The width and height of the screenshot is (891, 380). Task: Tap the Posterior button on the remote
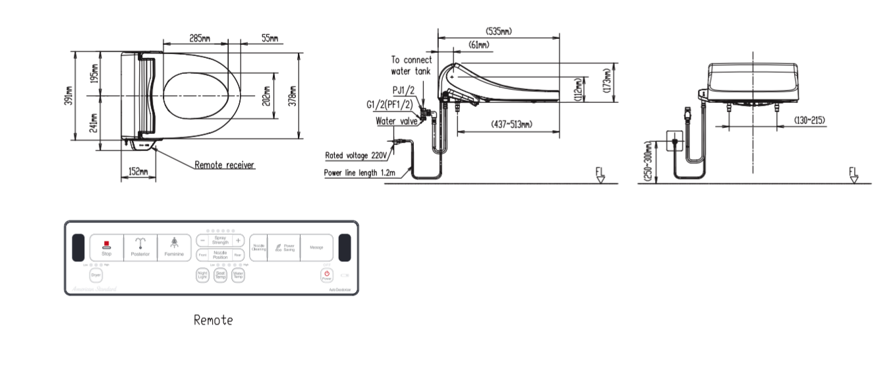point(140,248)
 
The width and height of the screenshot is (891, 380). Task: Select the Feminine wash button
point(175,248)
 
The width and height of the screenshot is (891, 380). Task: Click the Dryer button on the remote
point(96,275)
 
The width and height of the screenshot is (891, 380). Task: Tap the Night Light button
point(203,275)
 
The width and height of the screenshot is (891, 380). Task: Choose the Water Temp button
point(238,275)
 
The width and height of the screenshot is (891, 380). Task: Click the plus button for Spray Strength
point(238,240)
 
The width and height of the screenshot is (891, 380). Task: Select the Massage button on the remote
point(316,247)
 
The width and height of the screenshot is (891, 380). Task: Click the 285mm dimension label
point(200,39)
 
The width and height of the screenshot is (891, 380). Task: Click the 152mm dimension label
point(137,172)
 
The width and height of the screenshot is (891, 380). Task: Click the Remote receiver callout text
point(224,165)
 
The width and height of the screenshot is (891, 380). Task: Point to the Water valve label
point(396,121)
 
